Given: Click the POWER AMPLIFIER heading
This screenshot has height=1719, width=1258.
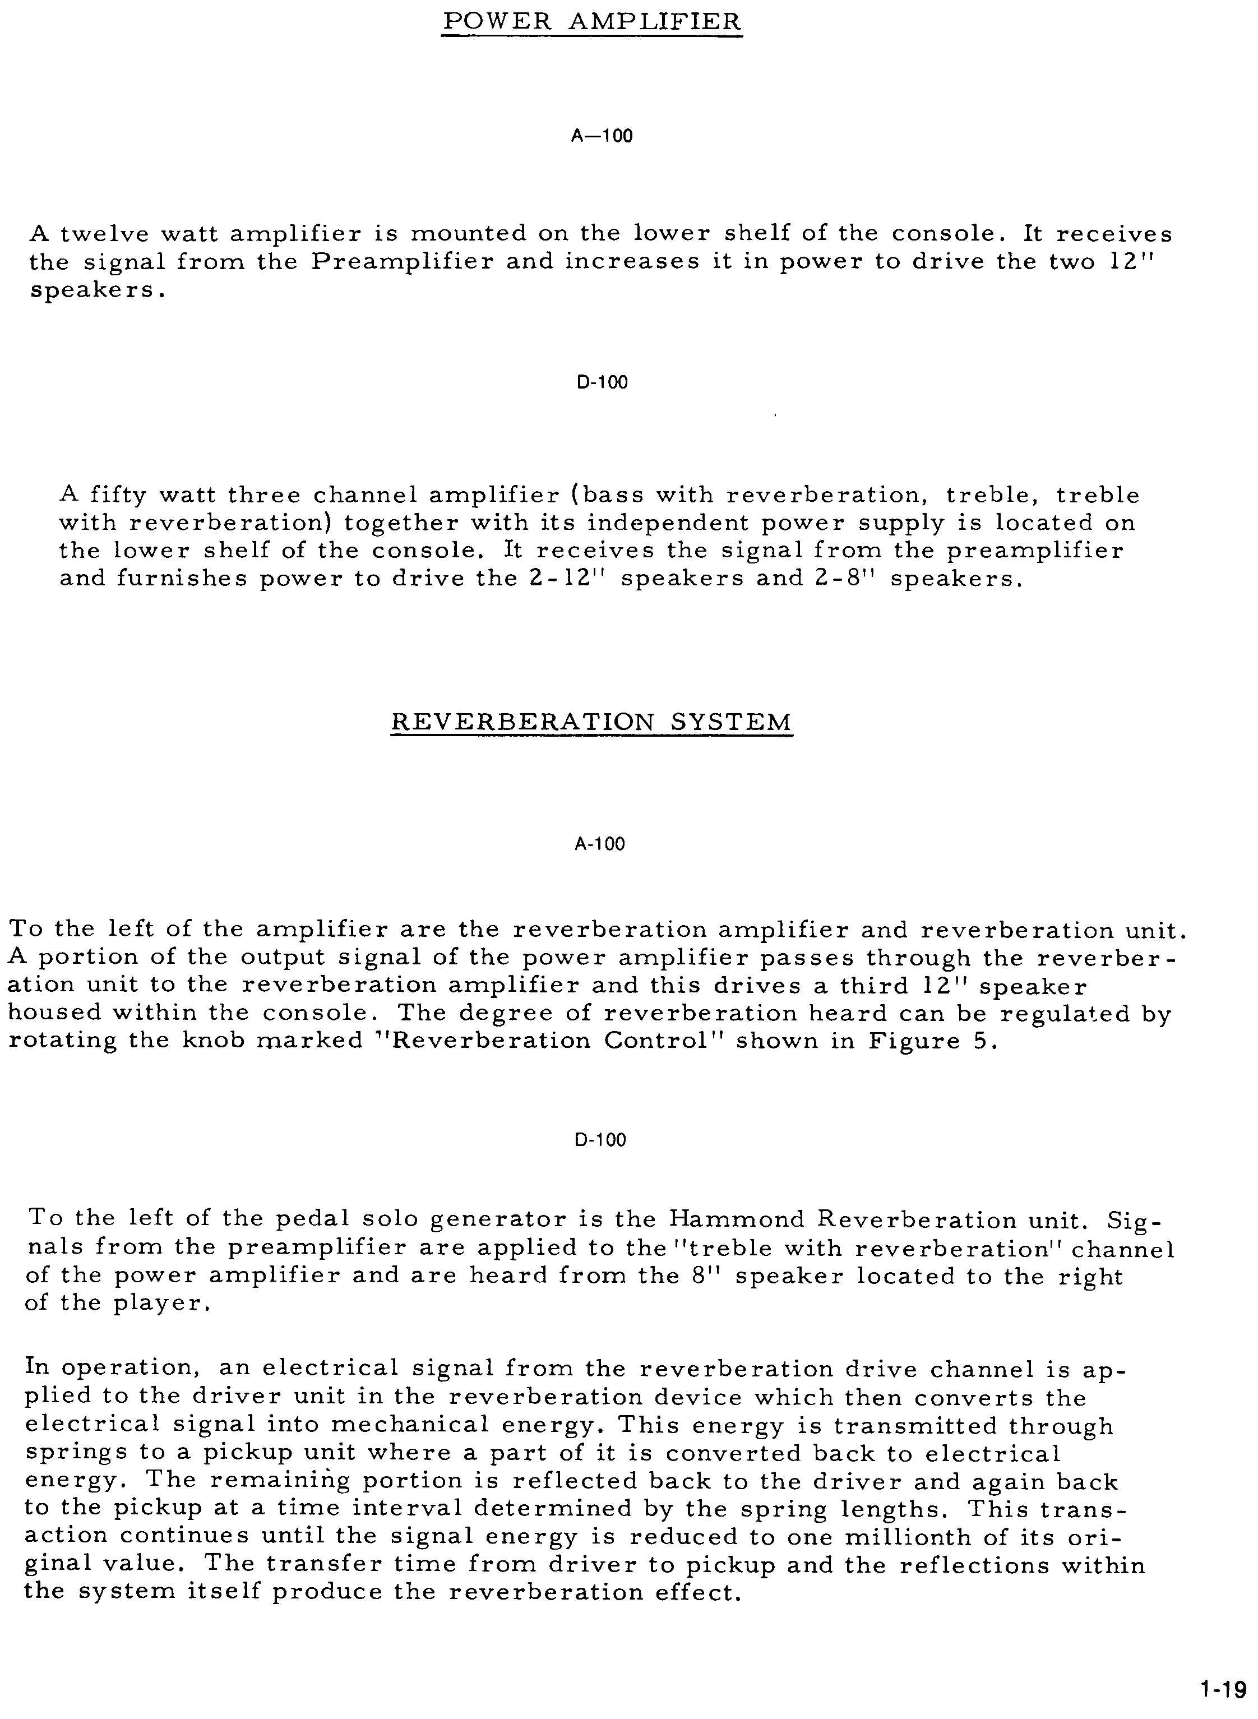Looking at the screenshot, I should [591, 21].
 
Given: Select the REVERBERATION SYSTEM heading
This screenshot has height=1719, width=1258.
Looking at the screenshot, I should [591, 721].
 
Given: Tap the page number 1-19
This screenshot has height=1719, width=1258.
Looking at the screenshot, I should [1222, 1690].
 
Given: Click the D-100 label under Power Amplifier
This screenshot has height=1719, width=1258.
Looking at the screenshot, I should [602, 382].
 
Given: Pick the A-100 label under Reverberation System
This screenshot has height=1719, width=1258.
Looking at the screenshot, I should [599, 844].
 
